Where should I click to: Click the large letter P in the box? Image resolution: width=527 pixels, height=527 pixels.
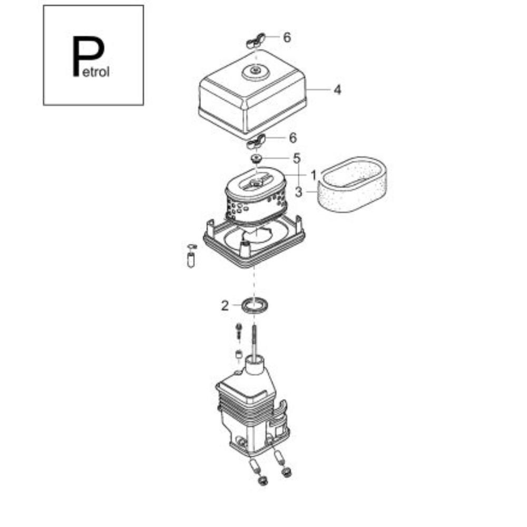pyautogui.click(x=88, y=56)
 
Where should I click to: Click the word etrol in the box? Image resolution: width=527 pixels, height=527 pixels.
pyautogui.click(x=96, y=72)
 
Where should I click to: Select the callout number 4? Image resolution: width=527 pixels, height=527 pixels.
pyautogui.click(x=337, y=90)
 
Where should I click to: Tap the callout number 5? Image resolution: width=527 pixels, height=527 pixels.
pyautogui.click(x=296, y=158)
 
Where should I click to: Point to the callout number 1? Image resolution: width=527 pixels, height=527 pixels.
pyautogui.click(x=313, y=175)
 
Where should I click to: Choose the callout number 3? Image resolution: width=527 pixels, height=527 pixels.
pyautogui.click(x=299, y=192)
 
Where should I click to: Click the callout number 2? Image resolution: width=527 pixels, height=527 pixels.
pyautogui.click(x=225, y=306)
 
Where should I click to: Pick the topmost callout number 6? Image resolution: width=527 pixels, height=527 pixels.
pyautogui.click(x=287, y=37)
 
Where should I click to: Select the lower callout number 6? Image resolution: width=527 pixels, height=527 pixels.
pyautogui.click(x=293, y=138)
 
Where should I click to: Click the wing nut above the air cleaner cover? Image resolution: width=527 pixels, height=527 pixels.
pyautogui.click(x=256, y=41)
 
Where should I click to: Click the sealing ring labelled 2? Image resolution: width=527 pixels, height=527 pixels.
pyautogui.click(x=256, y=305)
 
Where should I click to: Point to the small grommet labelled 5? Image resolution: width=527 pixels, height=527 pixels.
pyautogui.click(x=257, y=158)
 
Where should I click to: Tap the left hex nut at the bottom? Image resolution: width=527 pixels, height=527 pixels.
pyautogui.click(x=262, y=481)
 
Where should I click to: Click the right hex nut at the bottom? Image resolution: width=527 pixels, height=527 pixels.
pyautogui.click(x=286, y=472)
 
